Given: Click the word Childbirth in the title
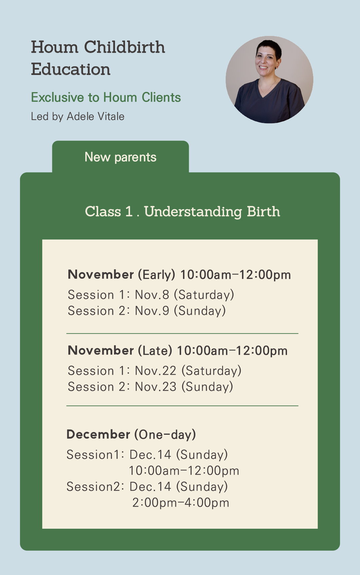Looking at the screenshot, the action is (124, 47).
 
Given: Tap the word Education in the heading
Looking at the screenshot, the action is (71, 69).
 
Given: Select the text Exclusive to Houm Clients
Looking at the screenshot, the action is (106, 97).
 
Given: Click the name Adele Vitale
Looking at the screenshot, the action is (96, 116).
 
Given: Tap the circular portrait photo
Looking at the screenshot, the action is (269, 80).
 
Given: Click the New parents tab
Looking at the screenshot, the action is (120, 157).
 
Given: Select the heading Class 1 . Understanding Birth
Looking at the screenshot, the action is (182, 212).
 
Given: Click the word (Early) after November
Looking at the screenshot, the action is (156, 275).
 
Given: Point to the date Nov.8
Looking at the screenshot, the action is (152, 295).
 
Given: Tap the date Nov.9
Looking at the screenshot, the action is (152, 311).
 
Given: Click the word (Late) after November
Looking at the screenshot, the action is (155, 351).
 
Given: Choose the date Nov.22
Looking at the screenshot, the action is (156, 371).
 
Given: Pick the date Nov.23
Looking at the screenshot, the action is (156, 387).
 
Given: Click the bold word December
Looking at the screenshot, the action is (98, 434).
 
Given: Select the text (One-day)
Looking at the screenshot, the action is (165, 435).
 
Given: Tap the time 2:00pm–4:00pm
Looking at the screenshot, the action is (181, 503).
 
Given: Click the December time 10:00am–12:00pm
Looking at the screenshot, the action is (184, 471).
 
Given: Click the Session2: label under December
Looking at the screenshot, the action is (95, 487).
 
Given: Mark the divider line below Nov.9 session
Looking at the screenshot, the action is (182, 333).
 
